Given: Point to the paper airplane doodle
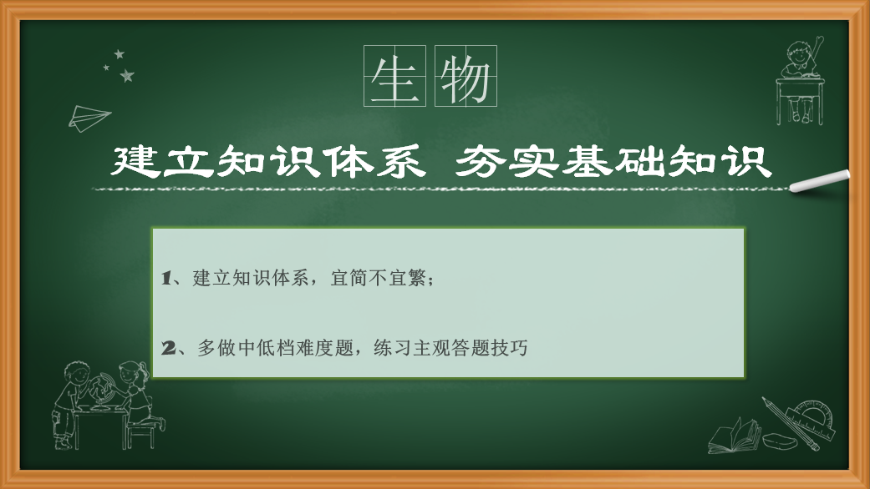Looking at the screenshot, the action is (x=89, y=118).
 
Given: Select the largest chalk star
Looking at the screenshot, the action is (x=127, y=75).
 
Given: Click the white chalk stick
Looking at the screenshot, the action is (x=820, y=181).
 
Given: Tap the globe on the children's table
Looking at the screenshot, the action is (x=102, y=390).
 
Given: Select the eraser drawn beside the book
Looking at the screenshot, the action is (x=780, y=441).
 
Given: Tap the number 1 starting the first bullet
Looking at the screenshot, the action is (x=166, y=278).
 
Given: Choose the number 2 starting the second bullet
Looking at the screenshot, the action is (x=168, y=348).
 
